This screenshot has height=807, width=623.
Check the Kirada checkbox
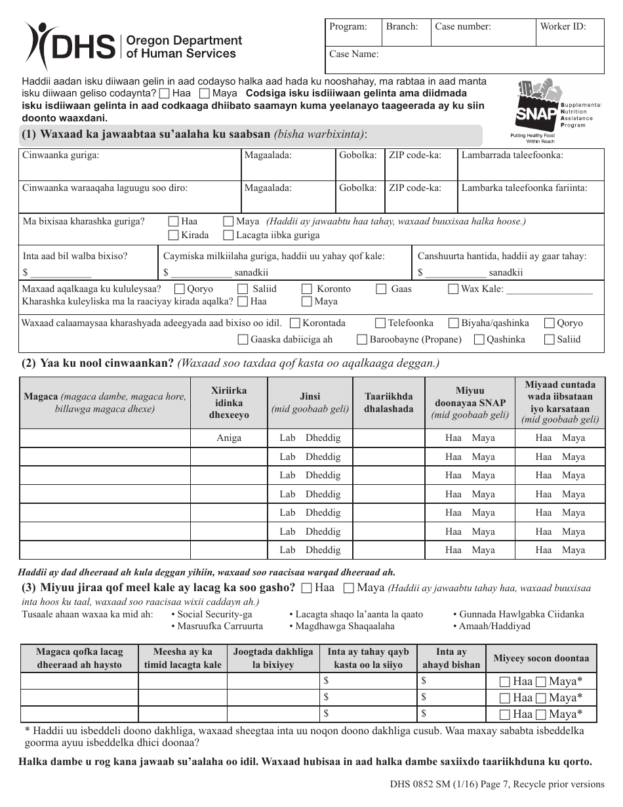174,235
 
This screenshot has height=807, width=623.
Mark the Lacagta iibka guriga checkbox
228,235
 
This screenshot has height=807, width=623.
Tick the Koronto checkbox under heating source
307,289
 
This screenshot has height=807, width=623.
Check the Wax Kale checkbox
453,289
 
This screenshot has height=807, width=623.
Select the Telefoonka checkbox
380,323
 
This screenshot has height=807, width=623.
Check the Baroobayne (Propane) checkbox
362,339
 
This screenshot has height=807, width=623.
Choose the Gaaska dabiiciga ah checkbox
243,339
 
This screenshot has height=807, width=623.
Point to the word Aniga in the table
229,438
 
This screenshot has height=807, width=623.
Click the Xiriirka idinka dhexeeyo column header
229,403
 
